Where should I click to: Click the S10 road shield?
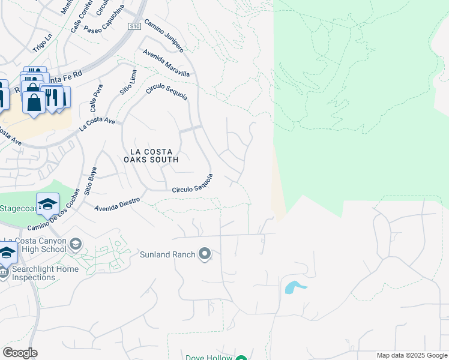pyautogui.click(x=134, y=26)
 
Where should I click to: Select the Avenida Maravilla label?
pyautogui.click(x=166, y=63)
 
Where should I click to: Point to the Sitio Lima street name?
pyautogui.click(x=130, y=79)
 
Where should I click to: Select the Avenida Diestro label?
pyautogui.click(x=117, y=205)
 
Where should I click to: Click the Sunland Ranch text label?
pyautogui.click(x=167, y=254)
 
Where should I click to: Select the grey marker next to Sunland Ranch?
pyautogui.click(x=205, y=254)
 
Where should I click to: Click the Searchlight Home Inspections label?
pyautogui.click(x=46, y=273)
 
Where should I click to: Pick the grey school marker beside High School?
pyautogui.click(x=76, y=244)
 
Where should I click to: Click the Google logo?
pyautogui.click(x=20, y=353)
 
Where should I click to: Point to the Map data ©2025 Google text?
pyautogui.click(x=411, y=355)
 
